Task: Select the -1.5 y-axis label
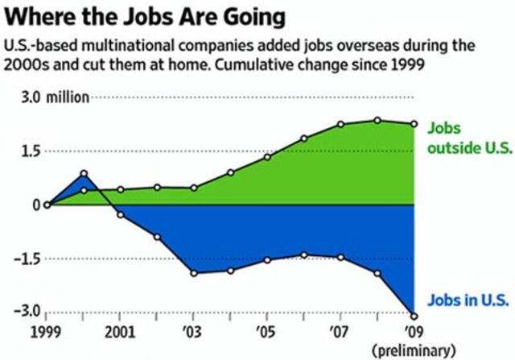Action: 27,259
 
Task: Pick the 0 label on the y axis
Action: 37,205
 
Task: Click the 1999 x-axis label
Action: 48,330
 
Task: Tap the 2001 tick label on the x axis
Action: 120,330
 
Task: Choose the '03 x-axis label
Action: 193,330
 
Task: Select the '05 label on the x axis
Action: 266,330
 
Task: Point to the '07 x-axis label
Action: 340,330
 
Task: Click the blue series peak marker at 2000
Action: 84,173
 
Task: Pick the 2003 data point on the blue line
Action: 194,273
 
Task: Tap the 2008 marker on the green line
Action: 377,121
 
